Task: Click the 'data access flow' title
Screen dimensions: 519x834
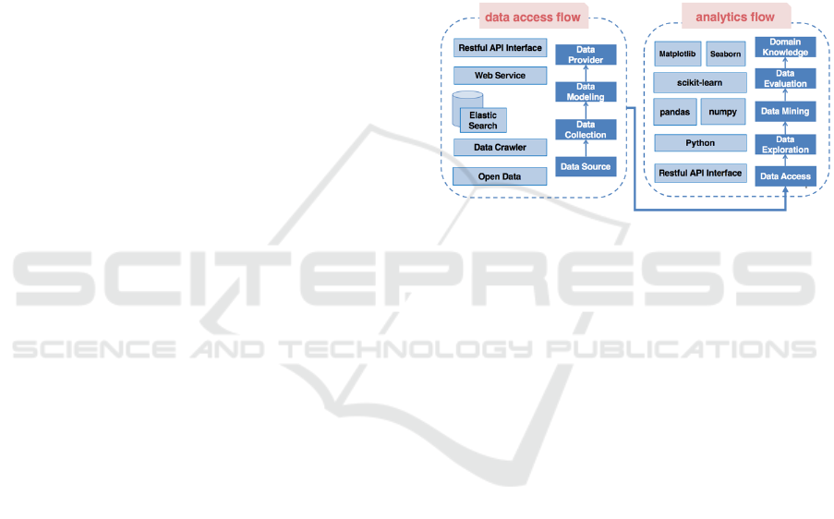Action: click(x=533, y=17)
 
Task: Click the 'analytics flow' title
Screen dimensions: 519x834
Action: click(x=735, y=17)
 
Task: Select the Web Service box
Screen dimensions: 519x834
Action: click(x=500, y=76)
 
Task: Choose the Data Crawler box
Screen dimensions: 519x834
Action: click(x=500, y=147)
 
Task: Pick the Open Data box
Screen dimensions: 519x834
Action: click(x=500, y=175)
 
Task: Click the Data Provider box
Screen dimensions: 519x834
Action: click(x=586, y=54)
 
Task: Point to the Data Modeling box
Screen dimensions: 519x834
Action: click(x=586, y=92)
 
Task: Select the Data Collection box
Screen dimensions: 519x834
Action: click(x=586, y=129)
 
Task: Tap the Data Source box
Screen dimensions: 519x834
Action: click(x=586, y=166)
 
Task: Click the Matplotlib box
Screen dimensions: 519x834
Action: click(x=677, y=54)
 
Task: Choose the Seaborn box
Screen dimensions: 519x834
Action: click(x=725, y=54)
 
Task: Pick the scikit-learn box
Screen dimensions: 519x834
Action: click(x=700, y=82)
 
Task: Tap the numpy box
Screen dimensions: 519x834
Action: click(x=723, y=112)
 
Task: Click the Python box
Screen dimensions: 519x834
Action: click(x=700, y=143)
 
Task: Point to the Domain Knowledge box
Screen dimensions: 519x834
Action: click(x=785, y=47)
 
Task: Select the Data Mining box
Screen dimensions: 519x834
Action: click(x=785, y=111)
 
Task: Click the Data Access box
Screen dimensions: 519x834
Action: click(x=785, y=175)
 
